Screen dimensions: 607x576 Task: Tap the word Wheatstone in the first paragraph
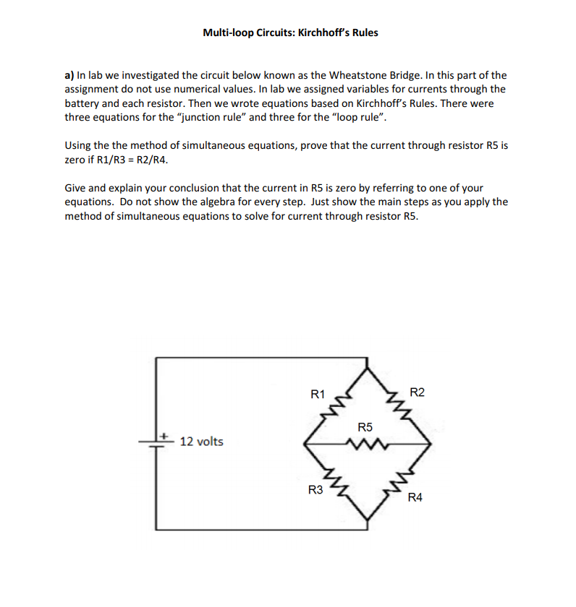point(357,75)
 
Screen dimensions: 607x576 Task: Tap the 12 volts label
point(201,442)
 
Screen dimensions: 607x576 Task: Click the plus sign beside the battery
point(165,436)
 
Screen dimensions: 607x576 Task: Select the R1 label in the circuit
point(317,395)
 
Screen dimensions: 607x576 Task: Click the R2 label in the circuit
point(418,392)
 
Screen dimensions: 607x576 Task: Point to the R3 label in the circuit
point(315,491)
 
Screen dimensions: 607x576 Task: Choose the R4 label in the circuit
point(415,497)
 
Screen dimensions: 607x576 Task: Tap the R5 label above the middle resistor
point(365,428)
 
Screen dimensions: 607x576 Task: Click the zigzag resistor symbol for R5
point(365,444)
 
